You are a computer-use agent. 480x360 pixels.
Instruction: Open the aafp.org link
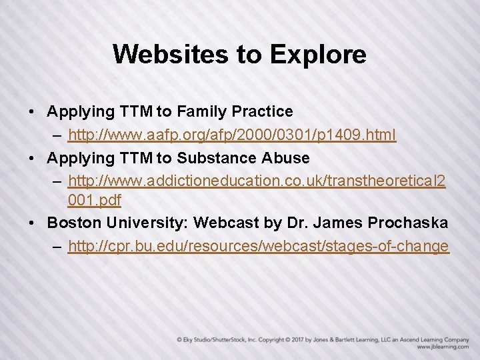pos(232,135)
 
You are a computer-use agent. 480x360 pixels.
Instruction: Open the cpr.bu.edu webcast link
pos(258,247)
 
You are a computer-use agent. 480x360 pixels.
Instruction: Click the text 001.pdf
pos(94,199)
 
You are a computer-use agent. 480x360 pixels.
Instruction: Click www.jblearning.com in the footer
pos(442,347)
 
